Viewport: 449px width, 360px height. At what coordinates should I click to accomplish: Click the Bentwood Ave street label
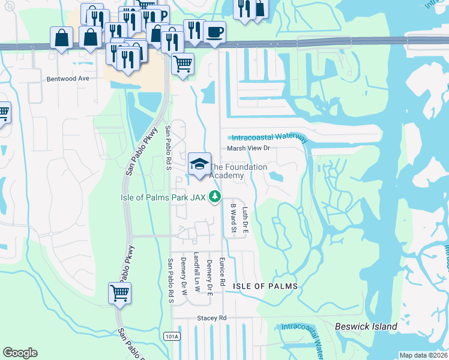[67, 79]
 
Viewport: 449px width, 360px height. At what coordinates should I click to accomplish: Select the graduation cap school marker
[199, 164]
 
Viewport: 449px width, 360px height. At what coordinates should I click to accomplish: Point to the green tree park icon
[214, 196]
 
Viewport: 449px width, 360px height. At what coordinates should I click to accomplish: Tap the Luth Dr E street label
[245, 220]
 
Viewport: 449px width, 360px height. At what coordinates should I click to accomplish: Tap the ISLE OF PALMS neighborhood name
[265, 287]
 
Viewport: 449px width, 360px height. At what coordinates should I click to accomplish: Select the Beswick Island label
[366, 326]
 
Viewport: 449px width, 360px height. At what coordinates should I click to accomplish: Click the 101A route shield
[171, 337]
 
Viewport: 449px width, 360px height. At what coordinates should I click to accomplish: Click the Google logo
[20, 353]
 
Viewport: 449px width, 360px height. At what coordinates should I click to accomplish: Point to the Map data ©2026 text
[422, 355]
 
